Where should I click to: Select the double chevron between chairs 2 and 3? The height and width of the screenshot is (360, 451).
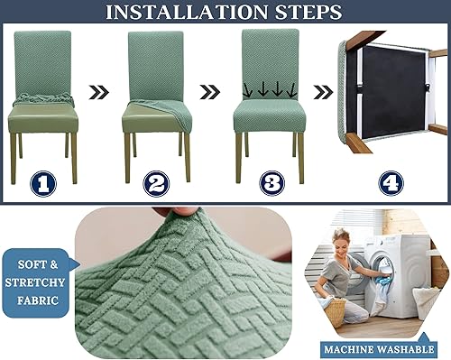coord(210,91)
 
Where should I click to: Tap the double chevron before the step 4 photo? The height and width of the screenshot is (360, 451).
coord(323,91)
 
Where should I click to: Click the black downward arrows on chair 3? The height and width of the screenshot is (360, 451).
coord(270,90)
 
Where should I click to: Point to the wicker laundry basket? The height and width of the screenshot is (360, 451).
coord(336,310)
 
